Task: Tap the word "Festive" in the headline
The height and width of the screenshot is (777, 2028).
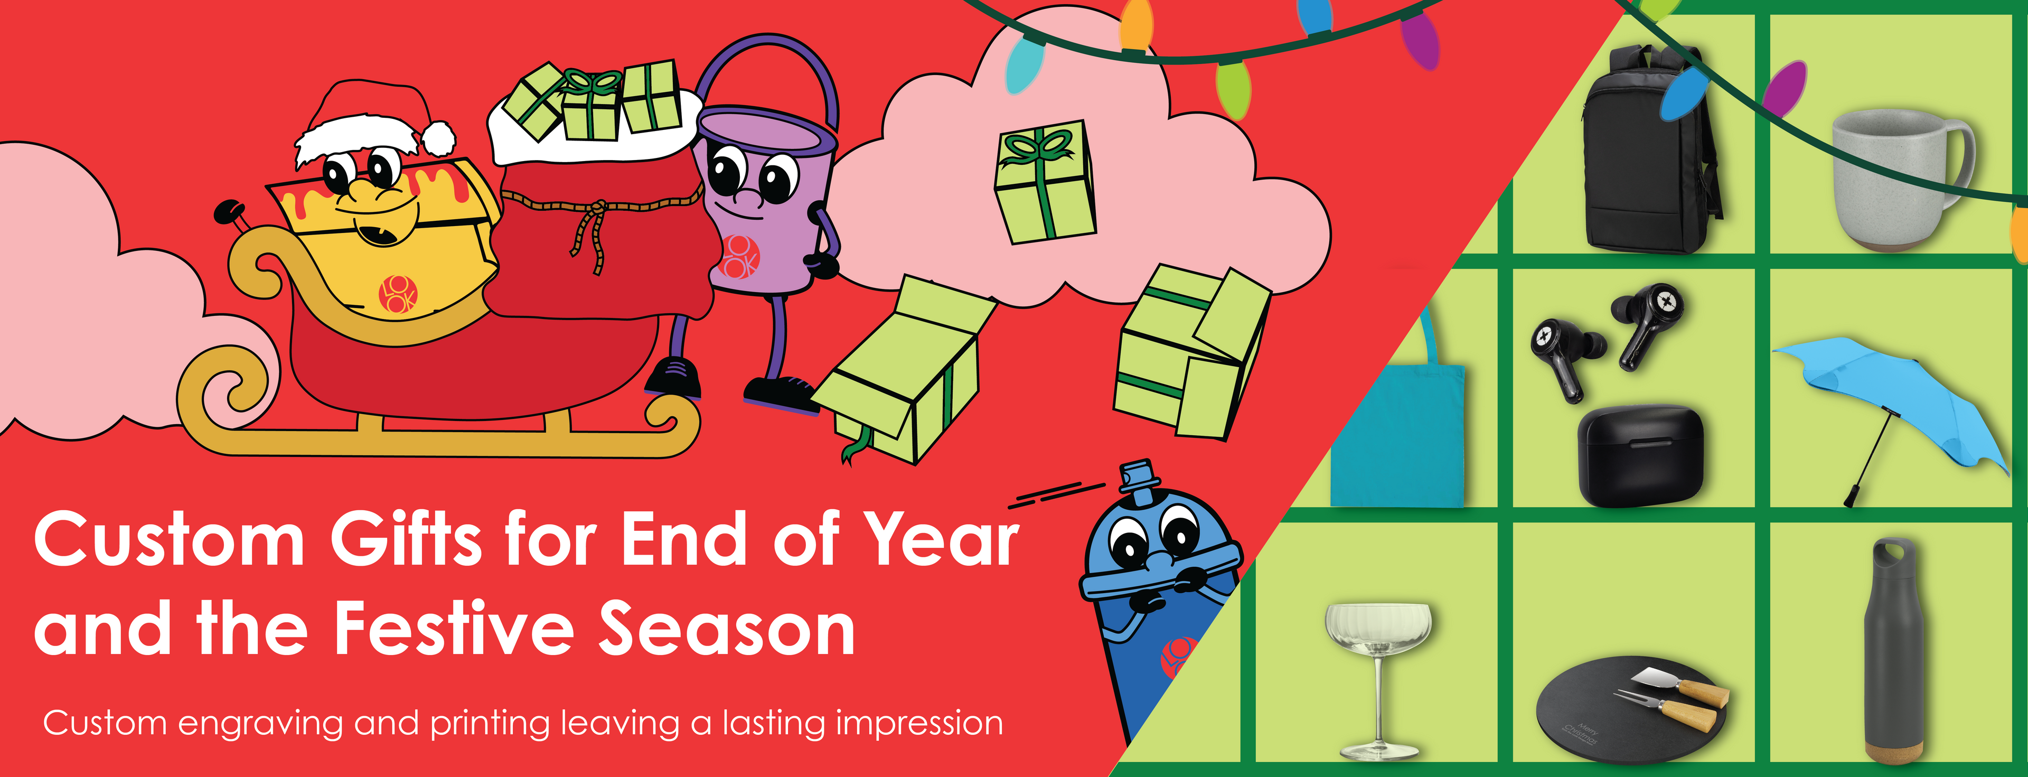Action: tap(454, 628)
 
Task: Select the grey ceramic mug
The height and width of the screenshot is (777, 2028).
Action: tap(1902, 180)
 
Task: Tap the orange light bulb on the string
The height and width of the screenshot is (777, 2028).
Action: tap(1136, 26)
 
